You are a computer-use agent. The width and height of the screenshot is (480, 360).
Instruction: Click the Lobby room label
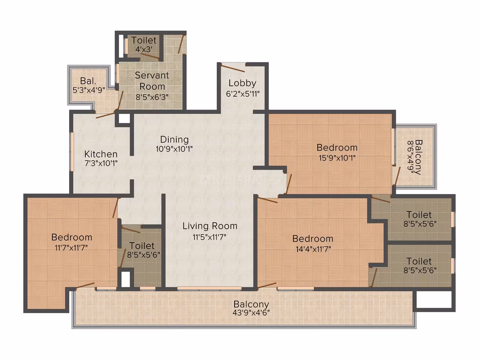[x=242, y=83]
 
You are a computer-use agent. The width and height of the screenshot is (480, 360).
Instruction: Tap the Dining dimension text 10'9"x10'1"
[x=174, y=149]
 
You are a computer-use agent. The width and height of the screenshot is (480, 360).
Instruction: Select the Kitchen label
[x=101, y=154]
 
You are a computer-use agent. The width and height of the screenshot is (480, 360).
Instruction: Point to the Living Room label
[x=210, y=226]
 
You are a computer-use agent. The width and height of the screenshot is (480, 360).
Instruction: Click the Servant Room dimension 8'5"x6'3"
[x=152, y=97]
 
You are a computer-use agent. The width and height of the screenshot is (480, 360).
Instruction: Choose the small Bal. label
[x=88, y=81]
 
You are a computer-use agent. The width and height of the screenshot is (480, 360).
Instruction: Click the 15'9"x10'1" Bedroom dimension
[x=337, y=158]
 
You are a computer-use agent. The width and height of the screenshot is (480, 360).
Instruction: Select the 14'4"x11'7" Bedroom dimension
[x=313, y=249]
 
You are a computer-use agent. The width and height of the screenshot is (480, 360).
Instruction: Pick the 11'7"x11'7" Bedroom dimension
[x=71, y=247]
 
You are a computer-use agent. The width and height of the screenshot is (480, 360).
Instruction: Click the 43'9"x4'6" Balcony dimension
[x=251, y=313]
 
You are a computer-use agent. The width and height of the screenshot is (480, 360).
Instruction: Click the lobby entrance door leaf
[x=233, y=67]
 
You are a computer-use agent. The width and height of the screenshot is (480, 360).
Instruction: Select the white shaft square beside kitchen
[x=124, y=118]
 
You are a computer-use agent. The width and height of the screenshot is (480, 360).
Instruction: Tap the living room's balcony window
[x=209, y=288]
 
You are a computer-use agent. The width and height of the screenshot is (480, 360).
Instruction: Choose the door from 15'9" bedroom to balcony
[x=397, y=176]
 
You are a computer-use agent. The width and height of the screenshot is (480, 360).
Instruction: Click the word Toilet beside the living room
[x=142, y=246]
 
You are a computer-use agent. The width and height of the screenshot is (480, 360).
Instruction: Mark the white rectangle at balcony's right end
[x=434, y=300]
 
